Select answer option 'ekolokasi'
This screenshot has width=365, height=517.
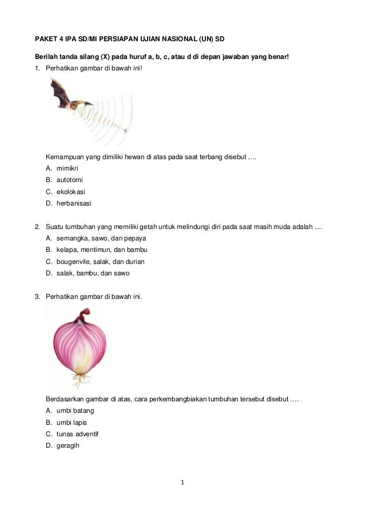(70, 192)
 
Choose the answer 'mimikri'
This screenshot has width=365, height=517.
(67, 168)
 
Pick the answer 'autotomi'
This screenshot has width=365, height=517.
(69, 180)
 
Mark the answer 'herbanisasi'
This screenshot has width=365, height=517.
(74, 203)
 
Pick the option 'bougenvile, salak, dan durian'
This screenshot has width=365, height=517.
(100, 262)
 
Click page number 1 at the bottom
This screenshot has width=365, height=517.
(182, 482)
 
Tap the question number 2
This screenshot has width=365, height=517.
(37, 227)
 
